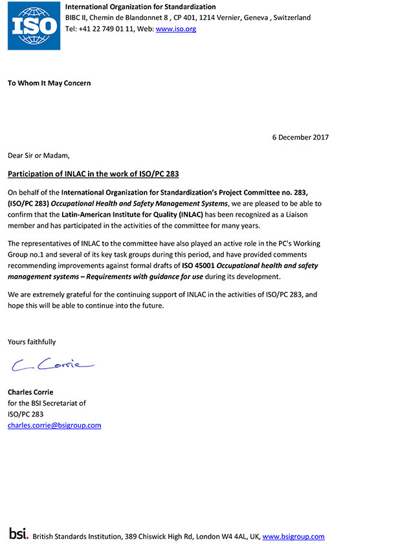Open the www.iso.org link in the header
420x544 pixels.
pyautogui.click(x=176, y=29)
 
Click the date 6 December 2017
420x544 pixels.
pyautogui.click(x=300, y=137)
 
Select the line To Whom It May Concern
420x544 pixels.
pyautogui.click(x=49, y=83)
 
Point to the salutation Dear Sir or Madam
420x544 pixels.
pyautogui.click(x=38, y=155)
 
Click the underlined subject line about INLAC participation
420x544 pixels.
pyautogui.click(x=93, y=174)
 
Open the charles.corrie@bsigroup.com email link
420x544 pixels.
pyautogui.click(x=54, y=425)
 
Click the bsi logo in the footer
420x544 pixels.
pyautogui.click(x=19, y=534)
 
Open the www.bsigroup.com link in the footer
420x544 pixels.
pyautogui.click(x=293, y=536)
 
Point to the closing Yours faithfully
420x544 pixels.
pyautogui.click(x=32, y=342)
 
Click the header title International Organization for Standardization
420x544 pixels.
pyautogui.click(x=140, y=7)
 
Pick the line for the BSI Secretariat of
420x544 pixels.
pyautogui.click(x=47, y=403)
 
